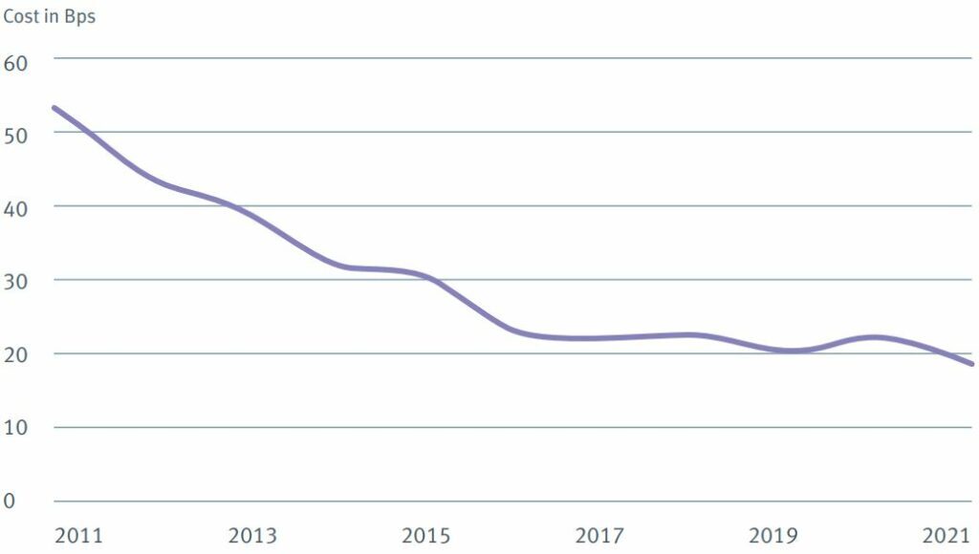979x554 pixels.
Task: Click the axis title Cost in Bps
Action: [49, 16]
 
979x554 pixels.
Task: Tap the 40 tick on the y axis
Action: [17, 207]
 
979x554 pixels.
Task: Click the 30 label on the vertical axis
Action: [17, 281]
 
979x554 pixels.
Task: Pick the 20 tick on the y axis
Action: [17, 354]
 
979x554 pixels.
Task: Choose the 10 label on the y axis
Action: [17, 428]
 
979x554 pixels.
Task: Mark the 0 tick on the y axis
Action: [11, 501]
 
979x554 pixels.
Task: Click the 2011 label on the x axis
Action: [79, 535]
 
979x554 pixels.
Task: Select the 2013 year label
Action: [252, 535]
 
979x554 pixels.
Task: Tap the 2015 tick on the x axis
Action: [425, 535]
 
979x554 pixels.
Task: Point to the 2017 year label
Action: [598, 535]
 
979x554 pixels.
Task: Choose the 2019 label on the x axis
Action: [772, 535]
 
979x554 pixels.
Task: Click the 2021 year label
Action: [946, 535]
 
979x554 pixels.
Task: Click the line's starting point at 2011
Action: [54, 108]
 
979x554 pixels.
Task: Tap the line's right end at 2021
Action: [972, 364]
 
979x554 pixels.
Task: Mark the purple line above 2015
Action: [425, 278]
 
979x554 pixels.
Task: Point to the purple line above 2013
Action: [252, 215]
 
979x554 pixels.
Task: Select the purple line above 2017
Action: [598, 338]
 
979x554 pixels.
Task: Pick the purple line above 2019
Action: [772, 349]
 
